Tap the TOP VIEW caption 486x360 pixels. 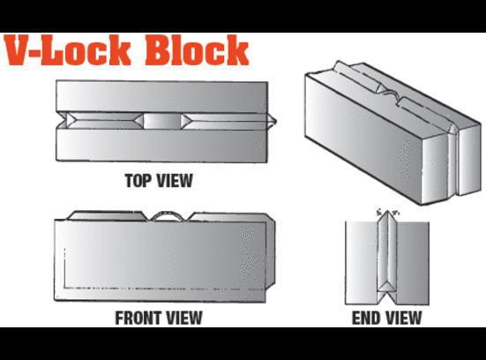tap(159, 182)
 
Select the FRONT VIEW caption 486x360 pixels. tap(159, 318)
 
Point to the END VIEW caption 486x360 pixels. tap(386, 318)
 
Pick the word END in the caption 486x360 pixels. tap(366, 318)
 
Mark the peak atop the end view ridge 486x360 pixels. tap(386, 213)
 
